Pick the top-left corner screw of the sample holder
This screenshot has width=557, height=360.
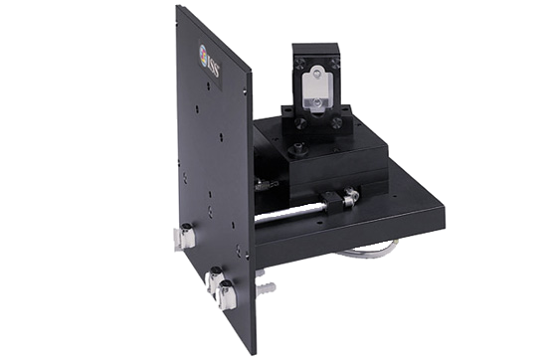pyautogui.click(x=295, y=56)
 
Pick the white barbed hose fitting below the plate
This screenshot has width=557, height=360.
pyautogui.click(x=266, y=289)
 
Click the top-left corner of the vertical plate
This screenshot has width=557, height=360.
pyautogui.click(x=179, y=8)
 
